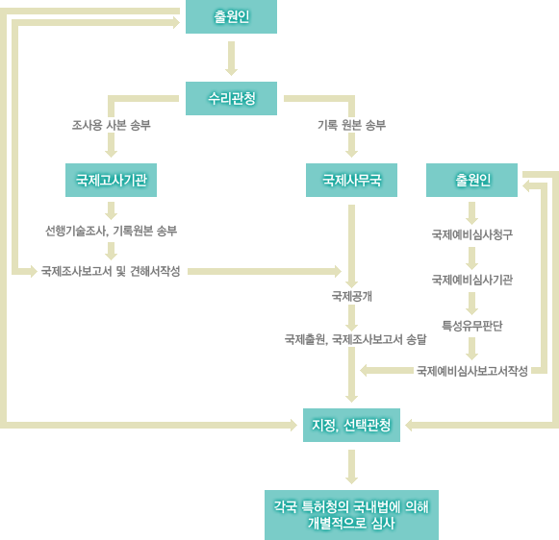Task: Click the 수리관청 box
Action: (x=231, y=98)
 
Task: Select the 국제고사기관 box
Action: (x=111, y=180)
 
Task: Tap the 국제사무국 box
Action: (x=351, y=180)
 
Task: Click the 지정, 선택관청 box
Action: (x=351, y=425)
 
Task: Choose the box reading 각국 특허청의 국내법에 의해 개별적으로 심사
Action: (x=351, y=515)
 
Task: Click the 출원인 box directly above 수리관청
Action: (x=231, y=16)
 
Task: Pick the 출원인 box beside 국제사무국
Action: (x=471, y=180)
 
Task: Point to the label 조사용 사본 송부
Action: (x=112, y=125)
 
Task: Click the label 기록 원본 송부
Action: (x=351, y=125)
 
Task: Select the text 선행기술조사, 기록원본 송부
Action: (x=111, y=231)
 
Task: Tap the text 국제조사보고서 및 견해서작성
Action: (x=111, y=271)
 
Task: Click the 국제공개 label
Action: (x=351, y=296)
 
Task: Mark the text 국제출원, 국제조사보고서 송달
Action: (x=355, y=339)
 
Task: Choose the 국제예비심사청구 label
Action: (x=472, y=234)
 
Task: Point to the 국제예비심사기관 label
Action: (x=472, y=280)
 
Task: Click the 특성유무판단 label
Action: (x=472, y=326)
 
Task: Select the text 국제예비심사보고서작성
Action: (x=472, y=371)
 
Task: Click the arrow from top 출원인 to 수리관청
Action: (x=231, y=59)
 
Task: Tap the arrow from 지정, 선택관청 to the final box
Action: (x=351, y=467)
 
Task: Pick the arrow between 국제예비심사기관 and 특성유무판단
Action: (x=472, y=304)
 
